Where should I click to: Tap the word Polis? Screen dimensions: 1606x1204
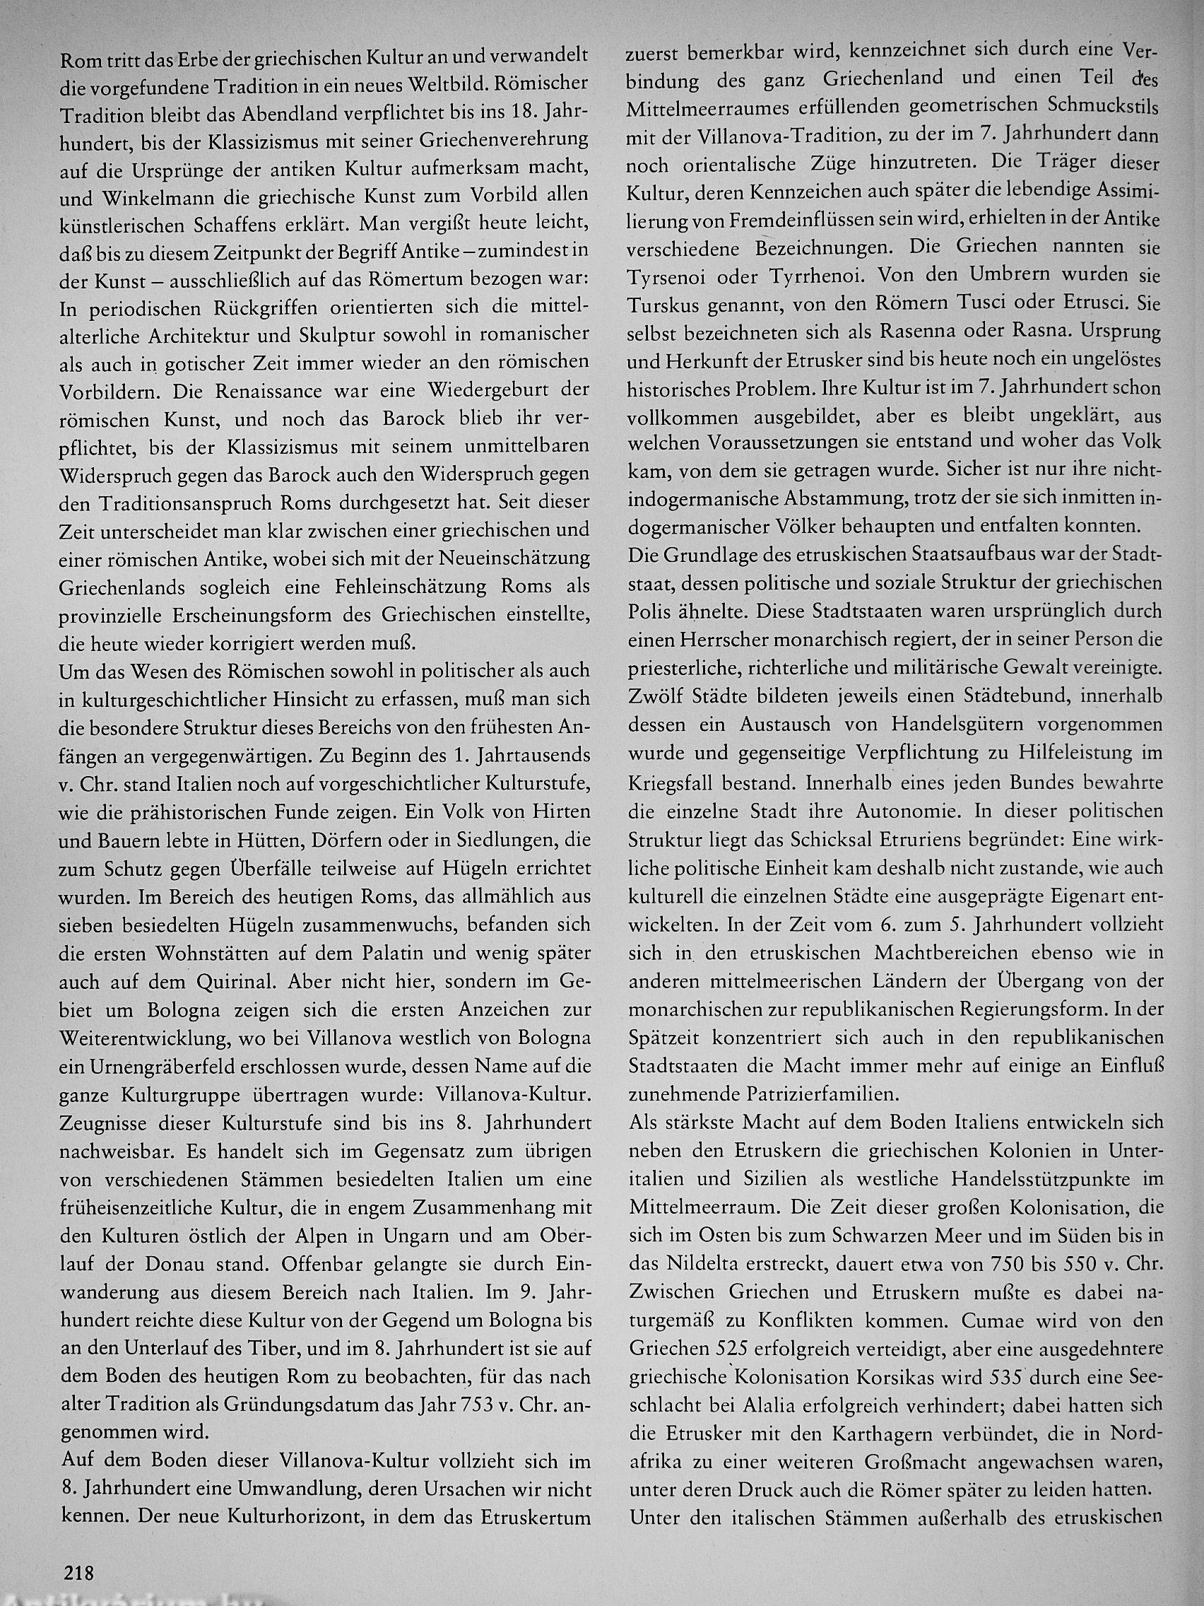click(x=649, y=611)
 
